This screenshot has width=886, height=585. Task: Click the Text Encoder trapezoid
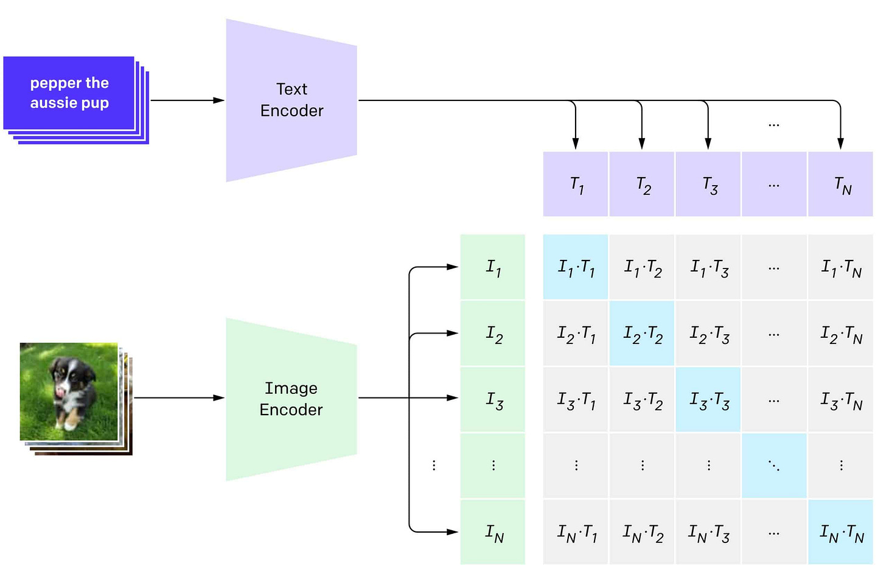tap(291, 100)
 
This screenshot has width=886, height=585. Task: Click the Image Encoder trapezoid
tap(291, 399)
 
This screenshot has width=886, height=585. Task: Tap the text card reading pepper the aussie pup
tap(69, 93)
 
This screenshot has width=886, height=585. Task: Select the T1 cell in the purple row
tap(576, 184)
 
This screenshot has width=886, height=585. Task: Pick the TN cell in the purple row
tap(840, 184)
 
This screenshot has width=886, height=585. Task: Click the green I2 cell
tap(493, 334)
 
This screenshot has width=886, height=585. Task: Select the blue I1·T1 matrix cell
tap(576, 267)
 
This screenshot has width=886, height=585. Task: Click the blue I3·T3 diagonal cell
tap(708, 400)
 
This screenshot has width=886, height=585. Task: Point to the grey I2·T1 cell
tap(576, 334)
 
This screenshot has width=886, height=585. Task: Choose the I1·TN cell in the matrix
tap(840, 267)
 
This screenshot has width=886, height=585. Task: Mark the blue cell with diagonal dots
tap(774, 466)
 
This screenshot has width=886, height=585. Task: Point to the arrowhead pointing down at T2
tap(641, 144)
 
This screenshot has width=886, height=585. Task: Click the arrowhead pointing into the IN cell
tap(452, 532)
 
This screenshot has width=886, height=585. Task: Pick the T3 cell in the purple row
tap(708, 184)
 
